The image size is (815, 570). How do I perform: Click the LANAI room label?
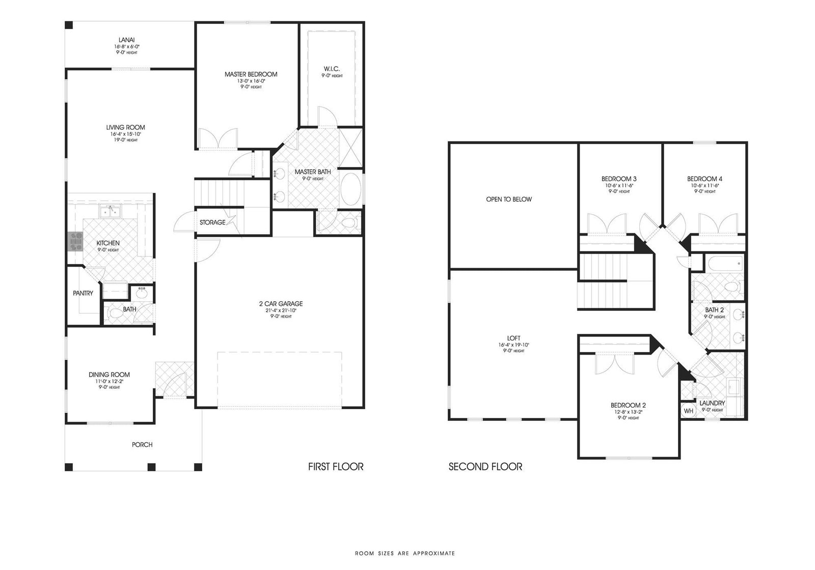pos(126,40)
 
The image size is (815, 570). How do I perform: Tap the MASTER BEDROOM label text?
pos(251,74)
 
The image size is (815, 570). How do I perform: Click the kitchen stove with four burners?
pos(75,241)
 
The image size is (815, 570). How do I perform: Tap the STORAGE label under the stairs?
pos(212,222)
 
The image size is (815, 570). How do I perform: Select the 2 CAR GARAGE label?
pos(281,304)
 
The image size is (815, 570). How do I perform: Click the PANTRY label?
pos(83,293)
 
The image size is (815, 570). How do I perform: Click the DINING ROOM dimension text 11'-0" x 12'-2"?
pos(109,381)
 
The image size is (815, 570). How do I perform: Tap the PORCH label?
pos(142,444)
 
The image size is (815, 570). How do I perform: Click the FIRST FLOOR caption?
pos(336,466)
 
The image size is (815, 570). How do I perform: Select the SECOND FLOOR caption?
pos(485,466)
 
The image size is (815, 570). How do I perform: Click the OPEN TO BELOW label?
pos(508,199)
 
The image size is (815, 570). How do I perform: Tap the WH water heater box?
pos(688,411)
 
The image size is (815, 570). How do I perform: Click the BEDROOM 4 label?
pos(704,179)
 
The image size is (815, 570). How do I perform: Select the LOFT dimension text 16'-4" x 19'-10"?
pos(514,345)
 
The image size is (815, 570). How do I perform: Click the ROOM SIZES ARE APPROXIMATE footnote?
pos(404,553)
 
